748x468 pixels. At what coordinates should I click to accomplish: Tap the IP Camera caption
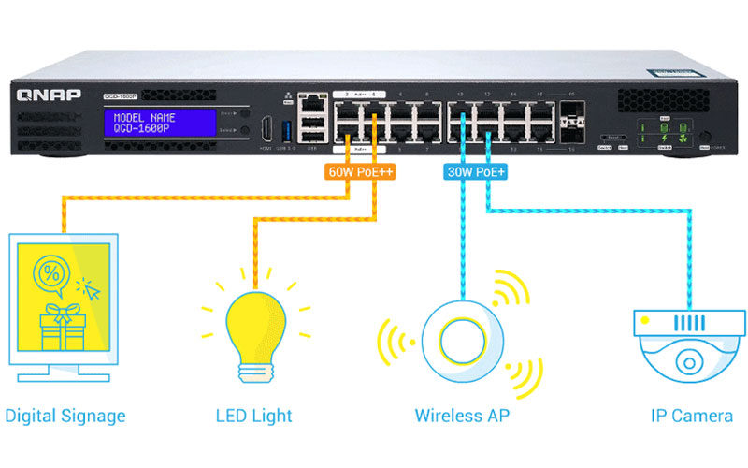pos(692,416)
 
